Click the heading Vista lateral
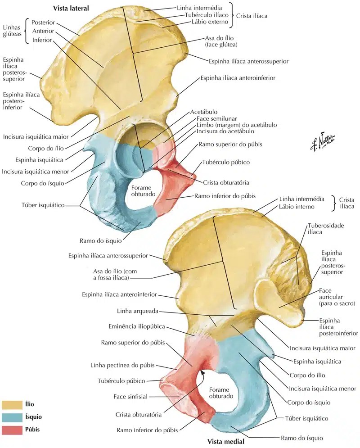pyautogui.click(x=71, y=8)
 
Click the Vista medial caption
pyautogui.click(x=226, y=441)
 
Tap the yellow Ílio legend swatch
pyautogui.click(x=12, y=405)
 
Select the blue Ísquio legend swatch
pyautogui.click(x=12, y=417)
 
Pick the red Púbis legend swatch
pyautogui.click(x=12, y=430)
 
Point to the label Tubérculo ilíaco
pyautogui.click(x=207, y=15)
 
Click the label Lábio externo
pyautogui.click(x=210, y=22)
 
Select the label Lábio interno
pyautogui.click(x=297, y=207)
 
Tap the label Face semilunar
pyautogui.click(x=217, y=118)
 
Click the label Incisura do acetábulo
pyautogui.click(x=225, y=131)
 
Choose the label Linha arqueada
pyautogui.click(x=138, y=311)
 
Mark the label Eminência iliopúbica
pyautogui.click(x=137, y=326)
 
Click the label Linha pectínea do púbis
pyautogui.click(x=122, y=365)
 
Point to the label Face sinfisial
pyautogui.click(x=130, y=397)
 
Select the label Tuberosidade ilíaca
pyautogui.click(x=326, y=229)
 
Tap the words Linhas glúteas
pyautogui.click(x=12, y=31)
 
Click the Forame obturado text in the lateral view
pyautogui.click(x=143, y=191)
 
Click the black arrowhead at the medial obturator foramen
pyautogui.click(x=202, y=372)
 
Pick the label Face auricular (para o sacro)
pyautogui.click(x=337, y=297)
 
